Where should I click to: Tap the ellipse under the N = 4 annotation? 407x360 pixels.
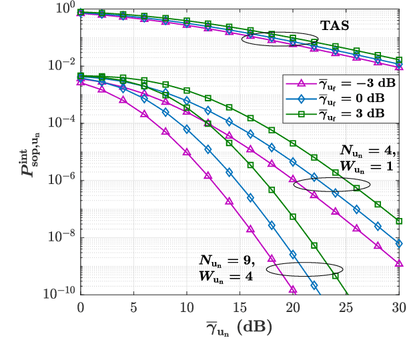click(332, 185)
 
